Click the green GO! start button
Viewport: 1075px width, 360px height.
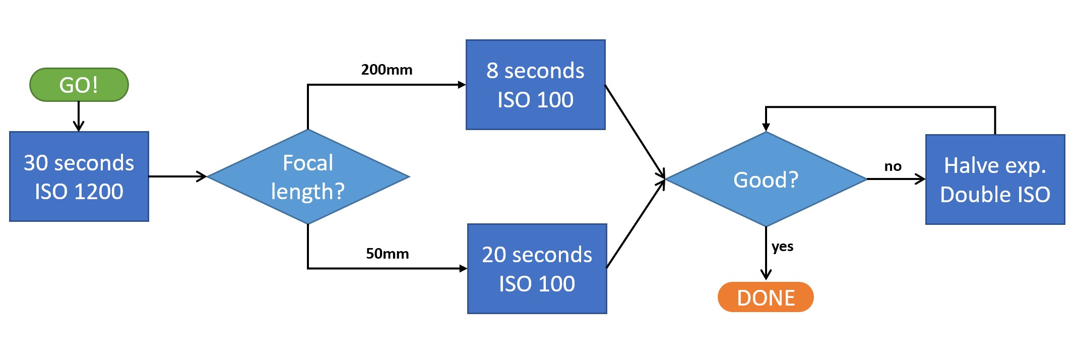(79, 85)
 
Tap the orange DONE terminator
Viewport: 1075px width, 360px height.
(766, 297)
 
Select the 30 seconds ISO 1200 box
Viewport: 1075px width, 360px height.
(79, 176)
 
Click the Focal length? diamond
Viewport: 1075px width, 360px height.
(308, 176)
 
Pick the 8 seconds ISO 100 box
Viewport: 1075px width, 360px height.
(535, 85)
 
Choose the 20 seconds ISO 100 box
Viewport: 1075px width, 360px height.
(537, 269)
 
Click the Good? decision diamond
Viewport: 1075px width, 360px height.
(766, 179)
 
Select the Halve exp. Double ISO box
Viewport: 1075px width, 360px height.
(995, 179)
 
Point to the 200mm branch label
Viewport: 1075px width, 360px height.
(387, 70)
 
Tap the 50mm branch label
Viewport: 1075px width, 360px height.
(387, 253)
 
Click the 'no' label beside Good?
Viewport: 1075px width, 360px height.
(893, 166)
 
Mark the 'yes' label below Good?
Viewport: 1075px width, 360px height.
(782, 247)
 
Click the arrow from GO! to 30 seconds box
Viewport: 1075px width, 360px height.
(79, 116)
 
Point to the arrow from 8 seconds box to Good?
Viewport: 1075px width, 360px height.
(635, 132)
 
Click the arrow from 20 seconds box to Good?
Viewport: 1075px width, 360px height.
(636, 223)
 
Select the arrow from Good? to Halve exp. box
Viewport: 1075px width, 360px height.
(896, 179)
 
